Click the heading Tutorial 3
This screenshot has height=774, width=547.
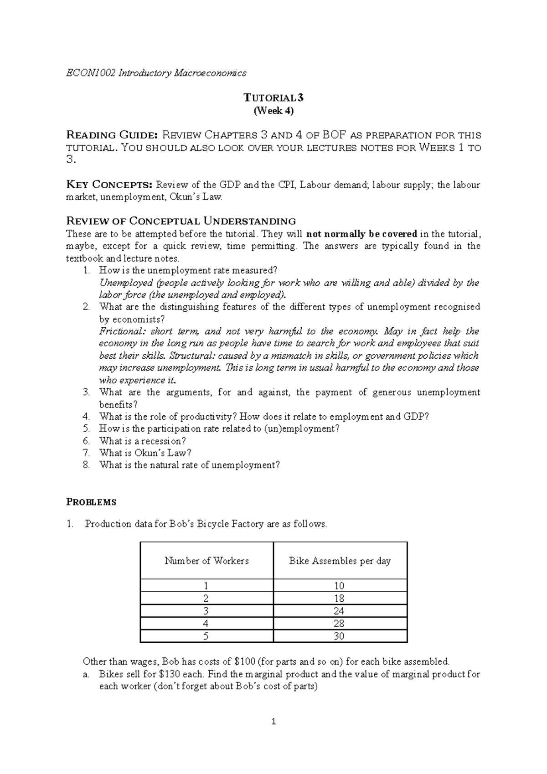click(x=273, y=98)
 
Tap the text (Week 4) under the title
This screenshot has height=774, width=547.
click(x=273, y=110)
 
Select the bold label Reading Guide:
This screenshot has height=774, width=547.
click(x=112, y=135)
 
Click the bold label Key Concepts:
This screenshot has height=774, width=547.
click(x=109, y=185)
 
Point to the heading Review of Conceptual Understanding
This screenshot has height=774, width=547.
click(x=181, y=222)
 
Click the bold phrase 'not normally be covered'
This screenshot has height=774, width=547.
click(x=362, y=234)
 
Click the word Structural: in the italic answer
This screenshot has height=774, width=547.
click(x=190, y=356)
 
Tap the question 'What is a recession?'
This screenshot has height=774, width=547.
click(x=143, y=441)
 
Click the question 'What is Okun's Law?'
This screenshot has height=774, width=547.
click(x=145, y=453)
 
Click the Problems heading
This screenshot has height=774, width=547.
click(x=91, y=502)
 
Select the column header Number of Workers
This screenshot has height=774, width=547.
click(x=206, y=561)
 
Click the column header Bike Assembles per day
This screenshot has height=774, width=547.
click(x=340, y=561)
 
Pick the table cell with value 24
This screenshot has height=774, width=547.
click(x=339, y=611)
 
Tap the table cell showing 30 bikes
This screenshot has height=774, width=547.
click(x=339, y=636)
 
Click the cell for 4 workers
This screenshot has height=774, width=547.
click(x=206, y=623)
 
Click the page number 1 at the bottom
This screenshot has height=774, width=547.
click(x=273, y=721)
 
